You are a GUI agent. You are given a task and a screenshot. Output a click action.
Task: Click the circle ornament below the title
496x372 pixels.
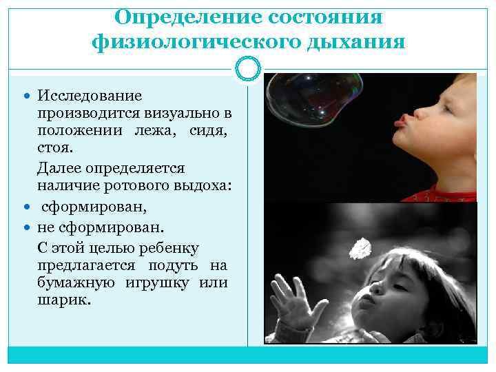(248, 68)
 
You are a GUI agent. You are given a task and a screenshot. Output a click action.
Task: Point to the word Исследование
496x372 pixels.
(90, 95)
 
